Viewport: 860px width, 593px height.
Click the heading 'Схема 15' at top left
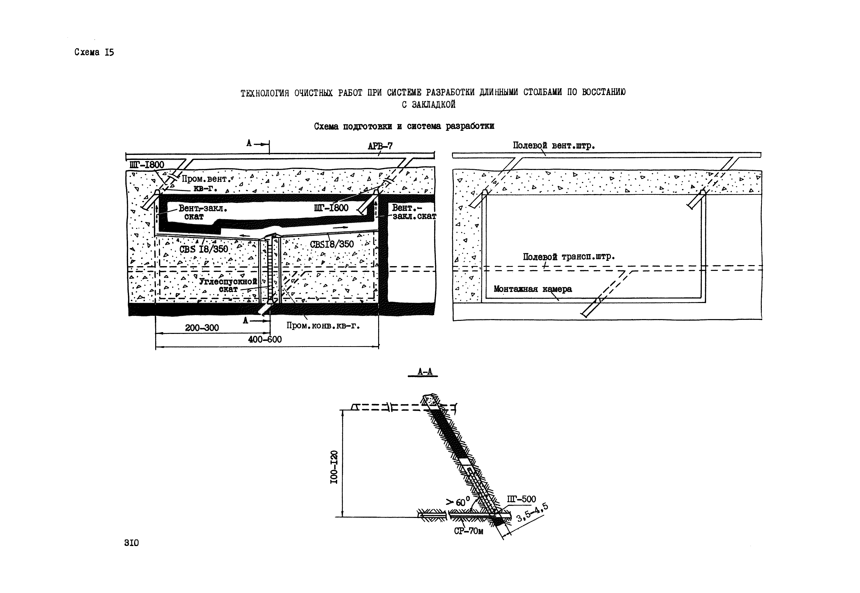click(x=94, y=52)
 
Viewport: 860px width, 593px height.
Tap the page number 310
click(x=131, y=543)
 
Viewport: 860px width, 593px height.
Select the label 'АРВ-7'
click(x=380, y=146)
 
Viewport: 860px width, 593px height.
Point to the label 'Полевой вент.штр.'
click(x=554, y=146)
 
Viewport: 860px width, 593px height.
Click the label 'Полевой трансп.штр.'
click(x=569, y=257)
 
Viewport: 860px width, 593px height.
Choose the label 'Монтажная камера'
click(x=533, y=289)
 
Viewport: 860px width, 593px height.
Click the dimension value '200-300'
click(x=202, y=328)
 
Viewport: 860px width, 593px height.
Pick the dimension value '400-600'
click(x=265, y=339)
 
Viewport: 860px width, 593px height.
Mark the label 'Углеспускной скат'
click(x=228, y=285)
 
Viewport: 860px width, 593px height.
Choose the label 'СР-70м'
click(x=468, y=531)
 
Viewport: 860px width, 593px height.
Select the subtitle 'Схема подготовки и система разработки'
click(x=404, y=126)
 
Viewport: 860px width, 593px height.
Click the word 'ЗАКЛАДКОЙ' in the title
click(x=433, y=105)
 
